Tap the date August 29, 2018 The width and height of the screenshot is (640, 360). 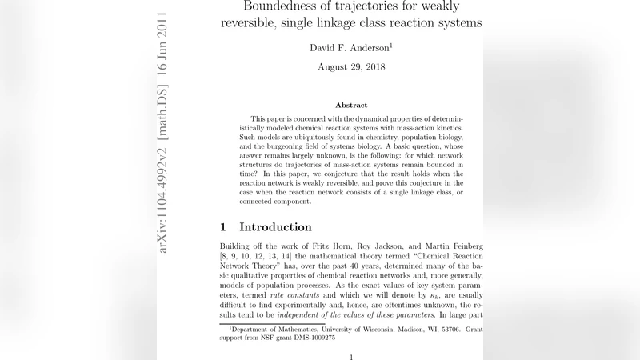(x=351, y=67)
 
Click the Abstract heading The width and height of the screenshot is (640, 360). (x=351, y=105)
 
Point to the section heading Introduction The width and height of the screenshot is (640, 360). (x=275, y=227)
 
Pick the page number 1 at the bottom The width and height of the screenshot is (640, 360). (x=351, y=356)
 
